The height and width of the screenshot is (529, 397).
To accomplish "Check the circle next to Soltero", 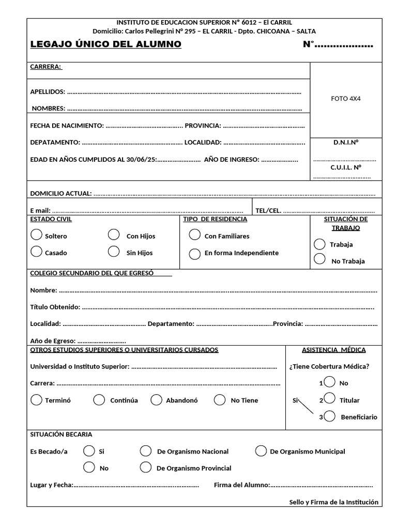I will click(x=36, y=235).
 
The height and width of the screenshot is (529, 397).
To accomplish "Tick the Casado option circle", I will click(x=36, y=252).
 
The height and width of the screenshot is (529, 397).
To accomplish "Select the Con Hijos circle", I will click(x=114, y=235).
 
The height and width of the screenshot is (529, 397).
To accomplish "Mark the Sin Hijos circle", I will click(x=114, y=252).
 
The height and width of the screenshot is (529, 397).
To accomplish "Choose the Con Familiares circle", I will click(x=194, y=235).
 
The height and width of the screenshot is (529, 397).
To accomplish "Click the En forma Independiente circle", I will click(x=194, y=254).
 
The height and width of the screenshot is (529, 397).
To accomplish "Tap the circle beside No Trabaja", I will click(x=319, y=259).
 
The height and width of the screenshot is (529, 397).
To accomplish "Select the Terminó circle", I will click(x=36, y=400).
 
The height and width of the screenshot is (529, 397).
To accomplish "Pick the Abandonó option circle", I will click(x=157, y=400).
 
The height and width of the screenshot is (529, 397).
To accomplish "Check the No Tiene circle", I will click(x=220, y=400).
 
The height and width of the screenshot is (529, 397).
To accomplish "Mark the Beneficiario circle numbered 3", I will click(x=330, y=416).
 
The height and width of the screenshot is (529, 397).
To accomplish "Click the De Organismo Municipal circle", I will click(x=261, y=451).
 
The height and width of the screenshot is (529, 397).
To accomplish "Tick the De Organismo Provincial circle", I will click(x=146, y=468).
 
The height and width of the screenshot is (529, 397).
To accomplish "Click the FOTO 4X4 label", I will click(x=346, y=99).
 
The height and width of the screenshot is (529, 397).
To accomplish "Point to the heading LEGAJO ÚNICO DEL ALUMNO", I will click(x=106, y=44).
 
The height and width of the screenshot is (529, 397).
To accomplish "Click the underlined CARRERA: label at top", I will click(x=46, y=67).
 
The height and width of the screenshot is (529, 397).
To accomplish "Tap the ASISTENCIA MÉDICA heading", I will click(x=333, y=350).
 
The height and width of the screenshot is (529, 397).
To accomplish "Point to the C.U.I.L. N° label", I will click(x=346, y=167).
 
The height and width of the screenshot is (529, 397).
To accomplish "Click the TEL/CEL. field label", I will click(x=268, y=210).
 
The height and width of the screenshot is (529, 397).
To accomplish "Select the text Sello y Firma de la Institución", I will click(x=333, y=502).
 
